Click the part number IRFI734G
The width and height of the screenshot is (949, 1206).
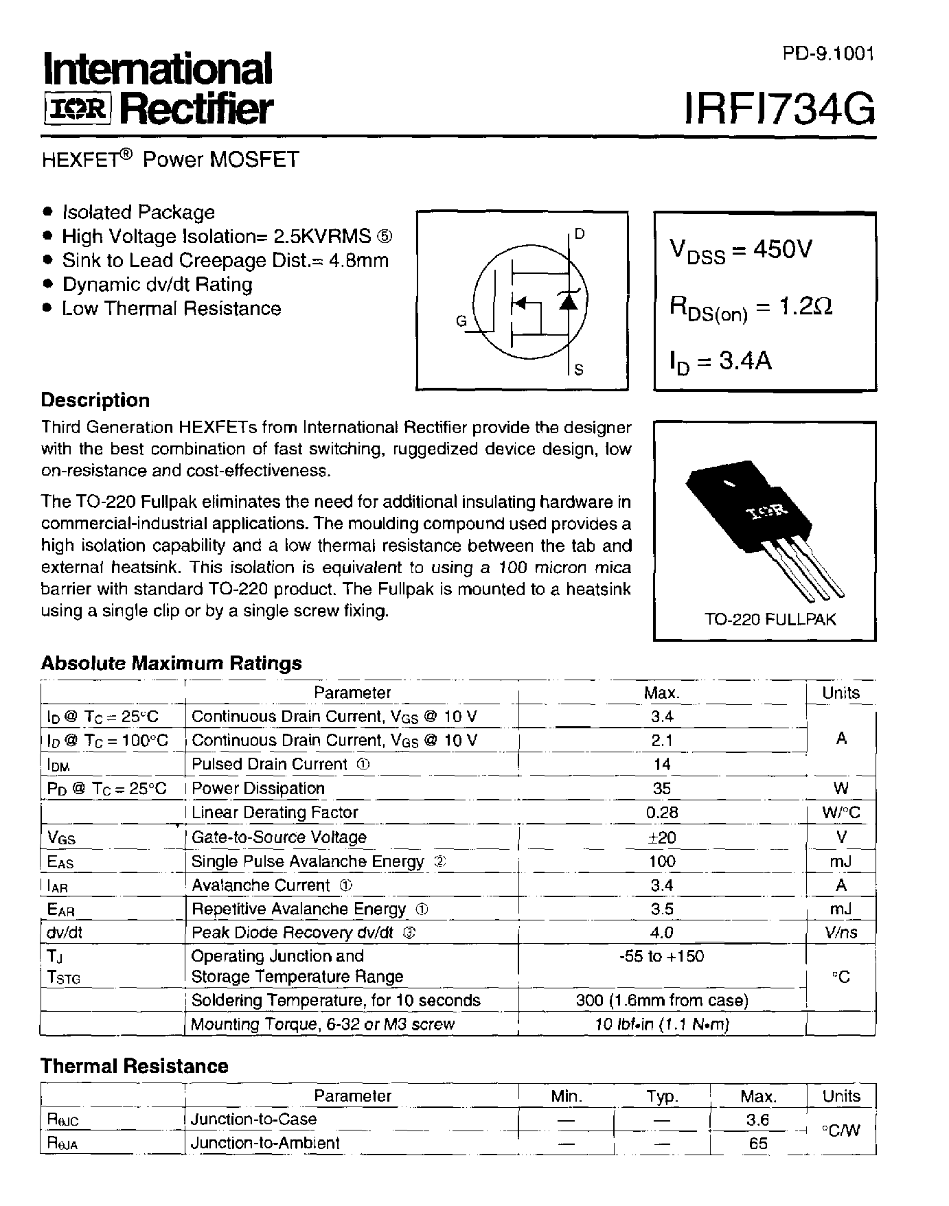coord(779,109)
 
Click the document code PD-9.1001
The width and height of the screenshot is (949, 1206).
coord(828,54)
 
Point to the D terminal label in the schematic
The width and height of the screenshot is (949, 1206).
coord(580,234)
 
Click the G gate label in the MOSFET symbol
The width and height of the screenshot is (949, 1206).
coord(461,321)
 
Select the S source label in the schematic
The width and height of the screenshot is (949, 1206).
coord(579,370)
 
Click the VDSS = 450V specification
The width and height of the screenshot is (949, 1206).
coord(741,251)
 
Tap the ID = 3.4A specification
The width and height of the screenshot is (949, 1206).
coord(721,361)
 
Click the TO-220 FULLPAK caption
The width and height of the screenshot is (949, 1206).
coord(770,619)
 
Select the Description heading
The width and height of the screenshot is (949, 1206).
coord(95,400)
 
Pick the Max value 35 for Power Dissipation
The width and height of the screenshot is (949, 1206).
coord(662,788)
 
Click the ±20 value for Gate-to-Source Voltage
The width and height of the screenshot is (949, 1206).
coord(662,837)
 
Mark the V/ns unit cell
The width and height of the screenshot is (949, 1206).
coord(841,933)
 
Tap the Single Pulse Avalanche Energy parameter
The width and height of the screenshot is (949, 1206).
coord(307,861)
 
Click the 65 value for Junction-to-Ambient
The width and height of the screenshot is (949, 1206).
coord(758,1144)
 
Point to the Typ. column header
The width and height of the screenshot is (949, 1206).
coord(662,1096)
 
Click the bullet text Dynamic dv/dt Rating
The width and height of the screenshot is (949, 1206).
coord(157,284)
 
